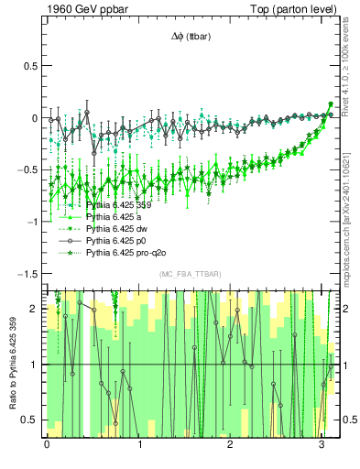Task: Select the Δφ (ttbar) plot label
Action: tap(190, 37)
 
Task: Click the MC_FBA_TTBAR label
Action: tap(189, 275)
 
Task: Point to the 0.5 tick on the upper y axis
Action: tap(29, 67)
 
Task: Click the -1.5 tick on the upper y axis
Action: tap(27, 274)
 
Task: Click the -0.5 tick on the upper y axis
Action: tap(27, 170)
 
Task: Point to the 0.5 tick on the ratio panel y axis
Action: tap(30, 420)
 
